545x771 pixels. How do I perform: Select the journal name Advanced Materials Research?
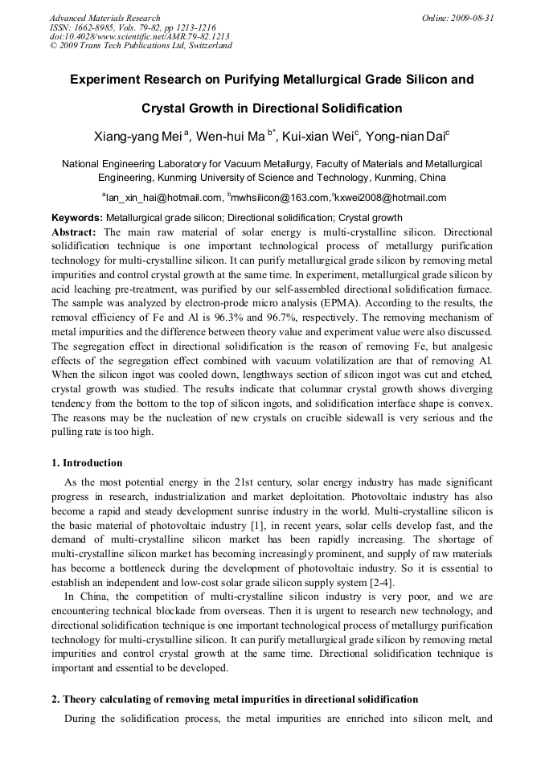[x=104, y=18]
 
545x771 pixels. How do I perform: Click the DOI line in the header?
[x=139, y=36]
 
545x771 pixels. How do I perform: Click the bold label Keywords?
[x=77, y=218]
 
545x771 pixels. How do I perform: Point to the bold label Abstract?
[x=74, y=231]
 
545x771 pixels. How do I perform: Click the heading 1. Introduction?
[x=87, y=463]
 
